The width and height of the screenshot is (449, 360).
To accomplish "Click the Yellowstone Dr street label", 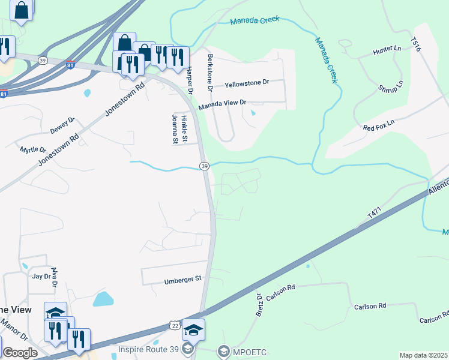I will pyautogui.click(x=246, y=83).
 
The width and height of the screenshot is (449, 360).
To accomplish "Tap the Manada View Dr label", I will pyautogui.click(x=223, y=103).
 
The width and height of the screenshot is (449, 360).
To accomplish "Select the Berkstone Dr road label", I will pyautogui.click(x=210, y=71).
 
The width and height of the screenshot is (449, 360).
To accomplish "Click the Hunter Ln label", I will pyautogui.click(x=387, y=49).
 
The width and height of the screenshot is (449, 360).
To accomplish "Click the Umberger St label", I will pyautogui.click(x=184, y=280).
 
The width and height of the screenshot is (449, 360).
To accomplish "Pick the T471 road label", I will pyautogui.click(x=376, y=214).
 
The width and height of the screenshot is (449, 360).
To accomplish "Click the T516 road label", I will pyautogui.click(x=415, y=45).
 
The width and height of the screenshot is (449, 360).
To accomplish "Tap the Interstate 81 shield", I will pyautogui.click(x=70, y=65).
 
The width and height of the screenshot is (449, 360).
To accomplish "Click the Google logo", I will pyautogui.click(x=20, y=352).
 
